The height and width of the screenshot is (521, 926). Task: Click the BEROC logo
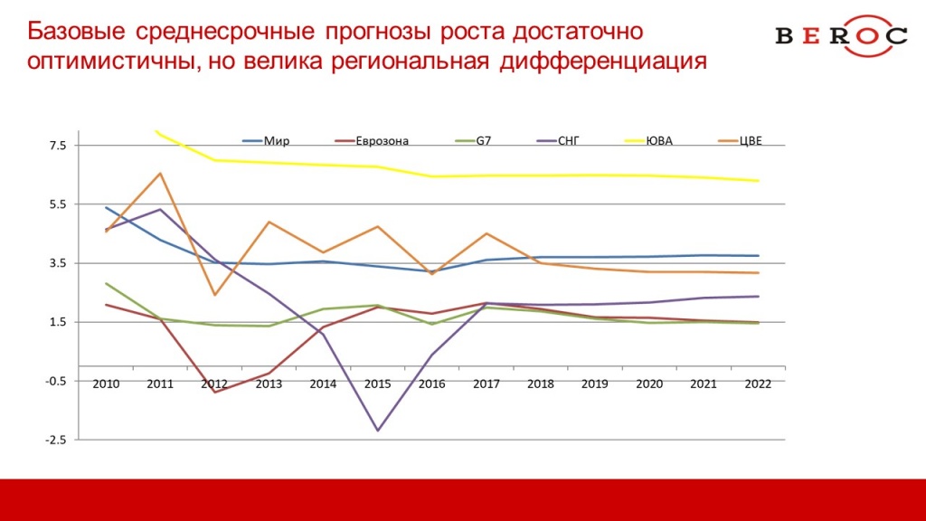[x=841, y=35]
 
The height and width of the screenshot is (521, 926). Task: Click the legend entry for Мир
[x=266, y=140]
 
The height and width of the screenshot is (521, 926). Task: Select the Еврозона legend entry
[x=372, y=140]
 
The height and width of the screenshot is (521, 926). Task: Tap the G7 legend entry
[x=474, y=140]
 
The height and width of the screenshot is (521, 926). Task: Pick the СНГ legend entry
[x=558, y=140]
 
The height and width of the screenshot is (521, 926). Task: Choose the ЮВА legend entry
[x=648, y=140]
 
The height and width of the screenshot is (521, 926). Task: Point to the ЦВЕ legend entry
[x=740, y=140]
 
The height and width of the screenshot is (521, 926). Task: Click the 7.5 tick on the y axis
[x=58, y=146]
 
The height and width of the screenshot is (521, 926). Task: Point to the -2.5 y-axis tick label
[x=55, y=440]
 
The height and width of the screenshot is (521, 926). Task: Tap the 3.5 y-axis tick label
[x=58, y=263]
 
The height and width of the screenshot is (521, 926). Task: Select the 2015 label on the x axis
[x=377, y=384]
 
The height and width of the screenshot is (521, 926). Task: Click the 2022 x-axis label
[x=758, y=384]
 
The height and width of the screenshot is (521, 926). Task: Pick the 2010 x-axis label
[x=107, y=384]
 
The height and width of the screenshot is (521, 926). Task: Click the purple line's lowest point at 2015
[x=377, y=431]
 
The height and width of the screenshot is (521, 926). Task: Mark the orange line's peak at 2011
[x=160, y=173]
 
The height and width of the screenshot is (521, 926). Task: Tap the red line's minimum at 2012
[x=214, y=393]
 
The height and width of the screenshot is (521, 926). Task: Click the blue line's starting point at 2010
[x=107, y=207]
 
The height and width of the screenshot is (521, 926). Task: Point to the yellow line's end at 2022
[x=758, y=181]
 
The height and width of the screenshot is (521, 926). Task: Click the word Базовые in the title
[x=76, y=32]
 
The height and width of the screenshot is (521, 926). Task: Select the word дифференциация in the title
[x=603, y=62]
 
